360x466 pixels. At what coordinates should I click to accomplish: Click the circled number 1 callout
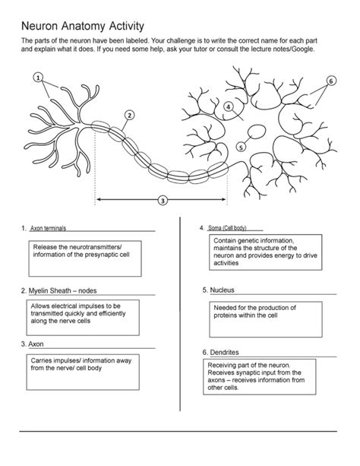[38, 78]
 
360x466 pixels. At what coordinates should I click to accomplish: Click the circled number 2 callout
[129, 115]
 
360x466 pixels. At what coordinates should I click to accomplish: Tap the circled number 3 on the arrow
[163, 201]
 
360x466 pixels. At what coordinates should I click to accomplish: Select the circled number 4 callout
[228, 106]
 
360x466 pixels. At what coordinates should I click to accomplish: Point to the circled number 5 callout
[241, 147]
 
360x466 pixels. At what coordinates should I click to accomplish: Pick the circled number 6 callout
[331, 81]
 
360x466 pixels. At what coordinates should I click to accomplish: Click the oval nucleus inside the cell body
[257, 132]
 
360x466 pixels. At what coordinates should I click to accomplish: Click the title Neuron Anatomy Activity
[83, 26]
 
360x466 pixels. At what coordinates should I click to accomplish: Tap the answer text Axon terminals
[48, 228]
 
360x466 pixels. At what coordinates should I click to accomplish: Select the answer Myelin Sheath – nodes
[63, 290]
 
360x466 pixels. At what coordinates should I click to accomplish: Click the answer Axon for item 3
[36, 344]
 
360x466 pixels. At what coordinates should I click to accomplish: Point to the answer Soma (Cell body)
[227, 228]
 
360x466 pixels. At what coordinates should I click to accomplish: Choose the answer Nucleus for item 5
[223, 290]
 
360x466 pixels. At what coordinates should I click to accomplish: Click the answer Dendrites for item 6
[225, 353]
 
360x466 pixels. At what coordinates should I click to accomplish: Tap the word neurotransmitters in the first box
[96, 247]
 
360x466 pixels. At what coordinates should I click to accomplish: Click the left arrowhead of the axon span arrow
[99, 199]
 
